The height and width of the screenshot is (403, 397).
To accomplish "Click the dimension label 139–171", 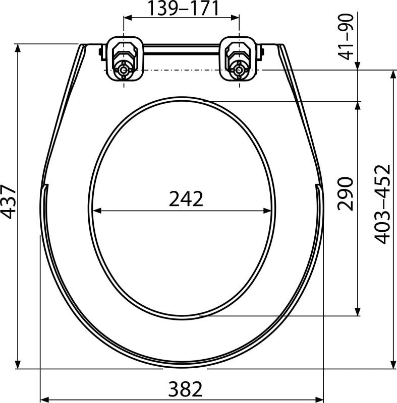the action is pyautogui.click(x=183, y=8).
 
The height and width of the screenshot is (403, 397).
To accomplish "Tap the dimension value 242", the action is pyautogui.click(x=186, y=199).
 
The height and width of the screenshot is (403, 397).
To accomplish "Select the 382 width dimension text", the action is pyautogui.click(x=185, y=389).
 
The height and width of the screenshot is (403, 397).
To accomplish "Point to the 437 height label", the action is pyautogui.click(x=8, y=201).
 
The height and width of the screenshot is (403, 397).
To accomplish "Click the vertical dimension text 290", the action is pyautogui.click(x=345, y=194).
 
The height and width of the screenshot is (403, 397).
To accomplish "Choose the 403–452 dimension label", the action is pyautogui.click(x=382, y=204).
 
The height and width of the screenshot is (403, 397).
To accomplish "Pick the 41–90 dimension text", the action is pyautogui.click(x=346, y=37).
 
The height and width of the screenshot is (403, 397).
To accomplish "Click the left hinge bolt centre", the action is pyautogui.click(x=124, y=70).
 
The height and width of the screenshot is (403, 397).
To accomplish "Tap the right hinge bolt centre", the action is pyautogui.click(x=239, y=70).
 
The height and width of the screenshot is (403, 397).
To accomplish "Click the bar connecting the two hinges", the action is pyautogui.click(x=182, y=49).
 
